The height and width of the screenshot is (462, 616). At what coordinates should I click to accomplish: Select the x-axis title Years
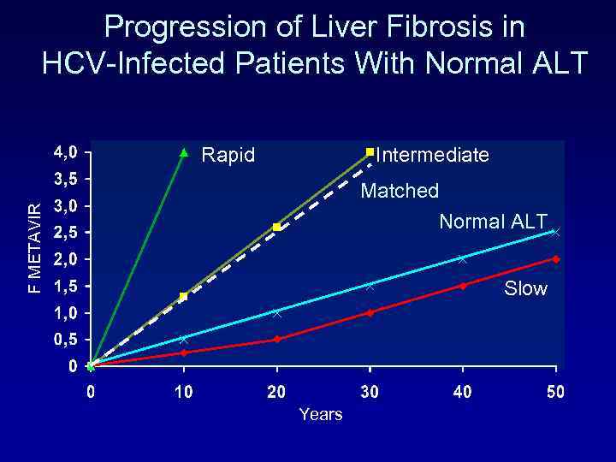click(x=321, y=415)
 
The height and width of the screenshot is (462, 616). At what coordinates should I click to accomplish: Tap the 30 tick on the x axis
click(x=370, y=392)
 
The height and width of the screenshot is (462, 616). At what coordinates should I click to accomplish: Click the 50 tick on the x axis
click(x=555, y=392)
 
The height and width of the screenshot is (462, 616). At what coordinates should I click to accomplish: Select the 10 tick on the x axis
click(x=183, y=392)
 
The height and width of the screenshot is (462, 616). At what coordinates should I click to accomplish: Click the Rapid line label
click(x=228, y=156)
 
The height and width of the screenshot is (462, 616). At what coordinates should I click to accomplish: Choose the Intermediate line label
click(x=433, y=156)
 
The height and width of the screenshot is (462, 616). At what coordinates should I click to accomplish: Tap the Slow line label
click(x=525, y=289)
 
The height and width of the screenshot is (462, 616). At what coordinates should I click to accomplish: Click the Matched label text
click(x=400, y=191)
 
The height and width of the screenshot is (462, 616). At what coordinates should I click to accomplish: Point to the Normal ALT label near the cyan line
click(x=493, y=222)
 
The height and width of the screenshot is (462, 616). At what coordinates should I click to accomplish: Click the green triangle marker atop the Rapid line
click(x=183, y=153)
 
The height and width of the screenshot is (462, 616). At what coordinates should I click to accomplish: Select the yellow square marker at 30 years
click(x=370, y=152)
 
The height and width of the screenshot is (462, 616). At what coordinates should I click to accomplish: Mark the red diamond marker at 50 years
click(x=556, y=259)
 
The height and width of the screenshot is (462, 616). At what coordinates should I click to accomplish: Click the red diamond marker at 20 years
click(x=277, y=340)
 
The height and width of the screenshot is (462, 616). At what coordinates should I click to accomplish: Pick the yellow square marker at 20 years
click(x=277, y=227)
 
